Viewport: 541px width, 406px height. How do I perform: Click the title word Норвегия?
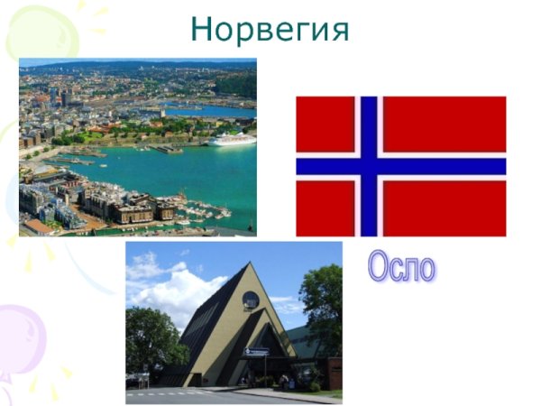pos(270,29)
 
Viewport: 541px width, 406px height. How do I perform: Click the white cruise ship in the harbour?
pos(232,139)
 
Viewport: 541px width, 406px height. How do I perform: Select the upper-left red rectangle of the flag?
pos(325,125)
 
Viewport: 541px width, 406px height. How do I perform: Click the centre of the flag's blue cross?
pos(368,166)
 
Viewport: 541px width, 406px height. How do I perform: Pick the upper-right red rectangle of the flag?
pos(444,125)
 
